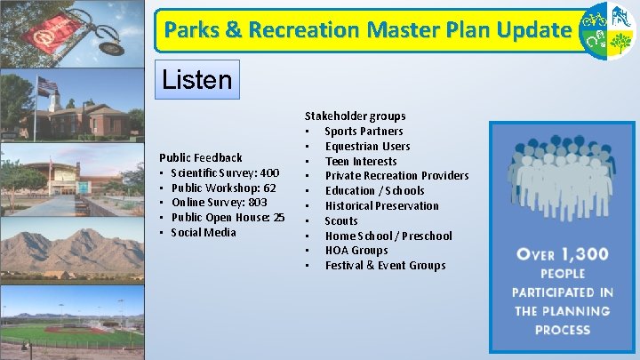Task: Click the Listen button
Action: tap(196, 80)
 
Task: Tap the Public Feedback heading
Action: tap(200, 157)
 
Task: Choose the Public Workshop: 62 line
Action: tap(223, 188)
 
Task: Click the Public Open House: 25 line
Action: tap(228, 218)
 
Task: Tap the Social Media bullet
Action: tap(203, 233)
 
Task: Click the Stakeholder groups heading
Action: tap(355, 116)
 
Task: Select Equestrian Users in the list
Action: tap(367, 146)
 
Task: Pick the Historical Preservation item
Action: tap(381, 205)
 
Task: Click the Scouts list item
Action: tap(341, 220)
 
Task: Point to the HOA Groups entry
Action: tap(356, 251)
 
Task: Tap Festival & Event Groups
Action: tap(385, 266)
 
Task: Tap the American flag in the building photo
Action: tap(46, 86)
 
